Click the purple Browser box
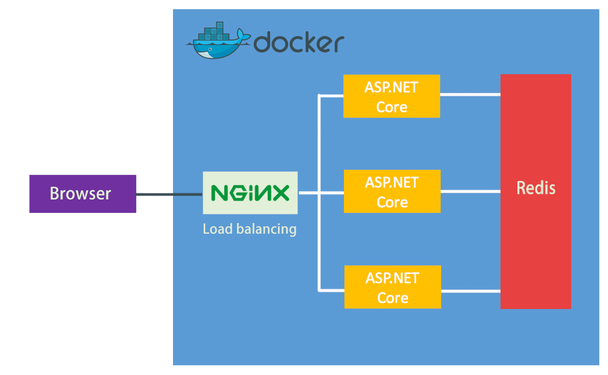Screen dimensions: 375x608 click(82, 193)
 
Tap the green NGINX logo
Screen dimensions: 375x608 click(250, 193)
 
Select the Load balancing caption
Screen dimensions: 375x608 click(250, 228)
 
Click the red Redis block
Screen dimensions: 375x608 click(535, 246)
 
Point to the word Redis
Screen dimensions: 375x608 click(535, 188)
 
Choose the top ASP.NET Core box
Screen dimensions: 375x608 click(392, 96)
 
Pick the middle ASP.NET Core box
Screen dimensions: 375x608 click(392, 191)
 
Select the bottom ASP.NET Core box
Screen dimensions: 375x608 click(393, 287)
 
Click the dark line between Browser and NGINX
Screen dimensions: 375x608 click(169, 194)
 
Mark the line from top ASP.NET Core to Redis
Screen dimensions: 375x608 click(470, 94)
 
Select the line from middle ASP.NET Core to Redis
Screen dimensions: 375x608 click(470, 191)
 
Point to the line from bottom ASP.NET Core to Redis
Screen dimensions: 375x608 click(470, 291)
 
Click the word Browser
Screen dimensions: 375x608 click(80, 193)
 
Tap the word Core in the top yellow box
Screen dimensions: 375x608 click(392, 107)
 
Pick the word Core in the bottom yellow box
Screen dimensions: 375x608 click(393, 298)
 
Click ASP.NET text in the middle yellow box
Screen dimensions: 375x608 click(392, 182)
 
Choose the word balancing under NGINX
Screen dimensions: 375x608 click(266, 229)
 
